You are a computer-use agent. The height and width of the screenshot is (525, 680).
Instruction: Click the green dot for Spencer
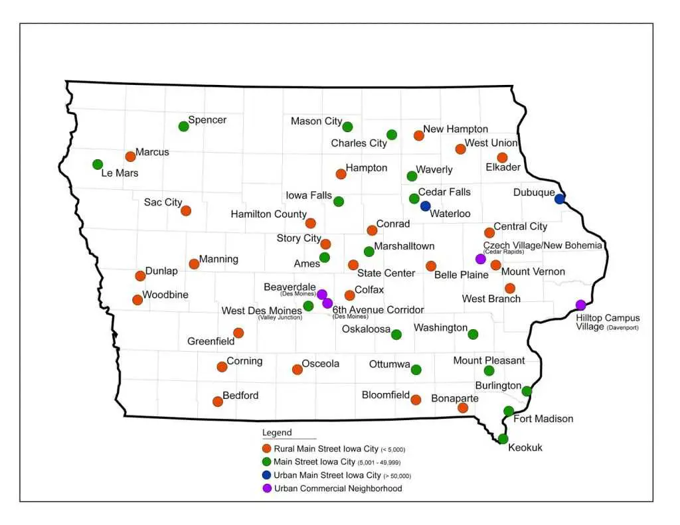(x=183, y=126)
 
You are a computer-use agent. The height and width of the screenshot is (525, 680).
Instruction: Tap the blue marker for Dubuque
(x=560, y=198)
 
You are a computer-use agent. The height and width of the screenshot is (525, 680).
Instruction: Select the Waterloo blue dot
(x=426, y=206)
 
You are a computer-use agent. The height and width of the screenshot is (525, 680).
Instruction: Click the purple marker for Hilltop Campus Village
(x=581, y=305)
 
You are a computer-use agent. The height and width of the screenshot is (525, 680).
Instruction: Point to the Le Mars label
(x=120, y=173)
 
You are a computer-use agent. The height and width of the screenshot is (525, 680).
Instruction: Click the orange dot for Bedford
(x=217, y=401)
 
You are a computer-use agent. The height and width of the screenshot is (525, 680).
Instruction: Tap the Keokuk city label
(x=525, y=447)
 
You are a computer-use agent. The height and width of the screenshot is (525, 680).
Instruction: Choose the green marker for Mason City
(x=347, y=126)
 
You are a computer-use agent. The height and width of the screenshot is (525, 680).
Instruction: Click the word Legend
(x=277, y=433)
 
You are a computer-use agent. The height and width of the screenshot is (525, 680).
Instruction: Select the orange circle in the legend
(x=267, y=449)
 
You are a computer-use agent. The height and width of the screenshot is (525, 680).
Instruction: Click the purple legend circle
(x=267, y=488)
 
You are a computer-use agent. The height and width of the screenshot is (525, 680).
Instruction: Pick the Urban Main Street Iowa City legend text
(x=329, y=475)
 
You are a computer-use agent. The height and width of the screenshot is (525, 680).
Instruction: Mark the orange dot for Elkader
(x=502, y=157)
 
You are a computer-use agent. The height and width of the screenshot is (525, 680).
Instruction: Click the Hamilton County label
(x=268, y=214)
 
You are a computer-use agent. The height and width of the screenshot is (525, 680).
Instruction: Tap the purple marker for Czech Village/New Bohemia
(x=481, y=259)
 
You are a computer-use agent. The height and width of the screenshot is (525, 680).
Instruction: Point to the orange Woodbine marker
(x=137, y=299)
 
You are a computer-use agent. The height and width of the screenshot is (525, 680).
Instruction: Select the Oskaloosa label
(x=365, y=329)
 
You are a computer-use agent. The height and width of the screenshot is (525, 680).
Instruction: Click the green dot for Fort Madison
(x=509, y=411)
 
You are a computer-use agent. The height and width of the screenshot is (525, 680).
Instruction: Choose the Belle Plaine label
(x=461, y=274)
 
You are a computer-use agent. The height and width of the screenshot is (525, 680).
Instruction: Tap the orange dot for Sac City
(x=186, y=210)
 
